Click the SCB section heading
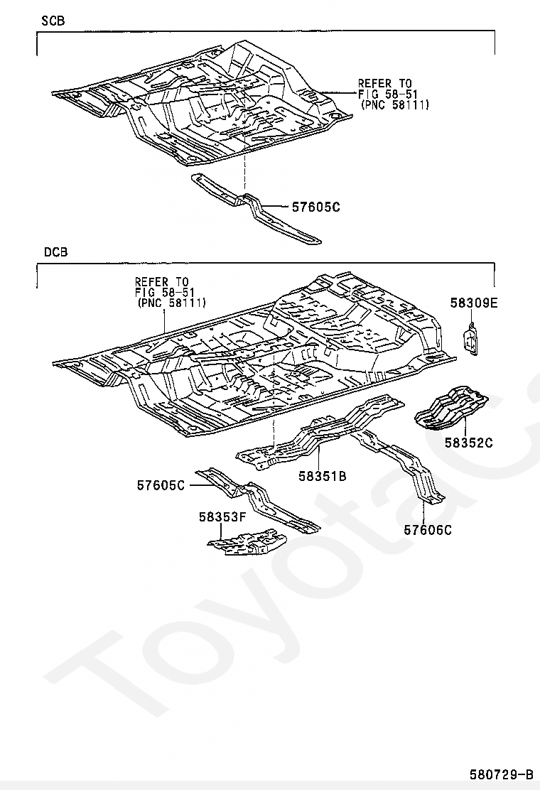[53, 21]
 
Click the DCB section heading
[55, 252]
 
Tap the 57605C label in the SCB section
[316, 207]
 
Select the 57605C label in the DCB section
[161, 485]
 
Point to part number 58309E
[473, 303]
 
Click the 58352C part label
[468, 443]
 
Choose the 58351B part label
[323, 475]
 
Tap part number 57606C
[428, 529]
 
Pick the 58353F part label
[222, 517]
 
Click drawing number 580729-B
[502, 774]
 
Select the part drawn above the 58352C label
[451, 408]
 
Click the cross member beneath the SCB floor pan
[256, 207]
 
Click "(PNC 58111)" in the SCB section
[395, 105]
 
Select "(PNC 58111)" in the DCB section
[171, 303]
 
